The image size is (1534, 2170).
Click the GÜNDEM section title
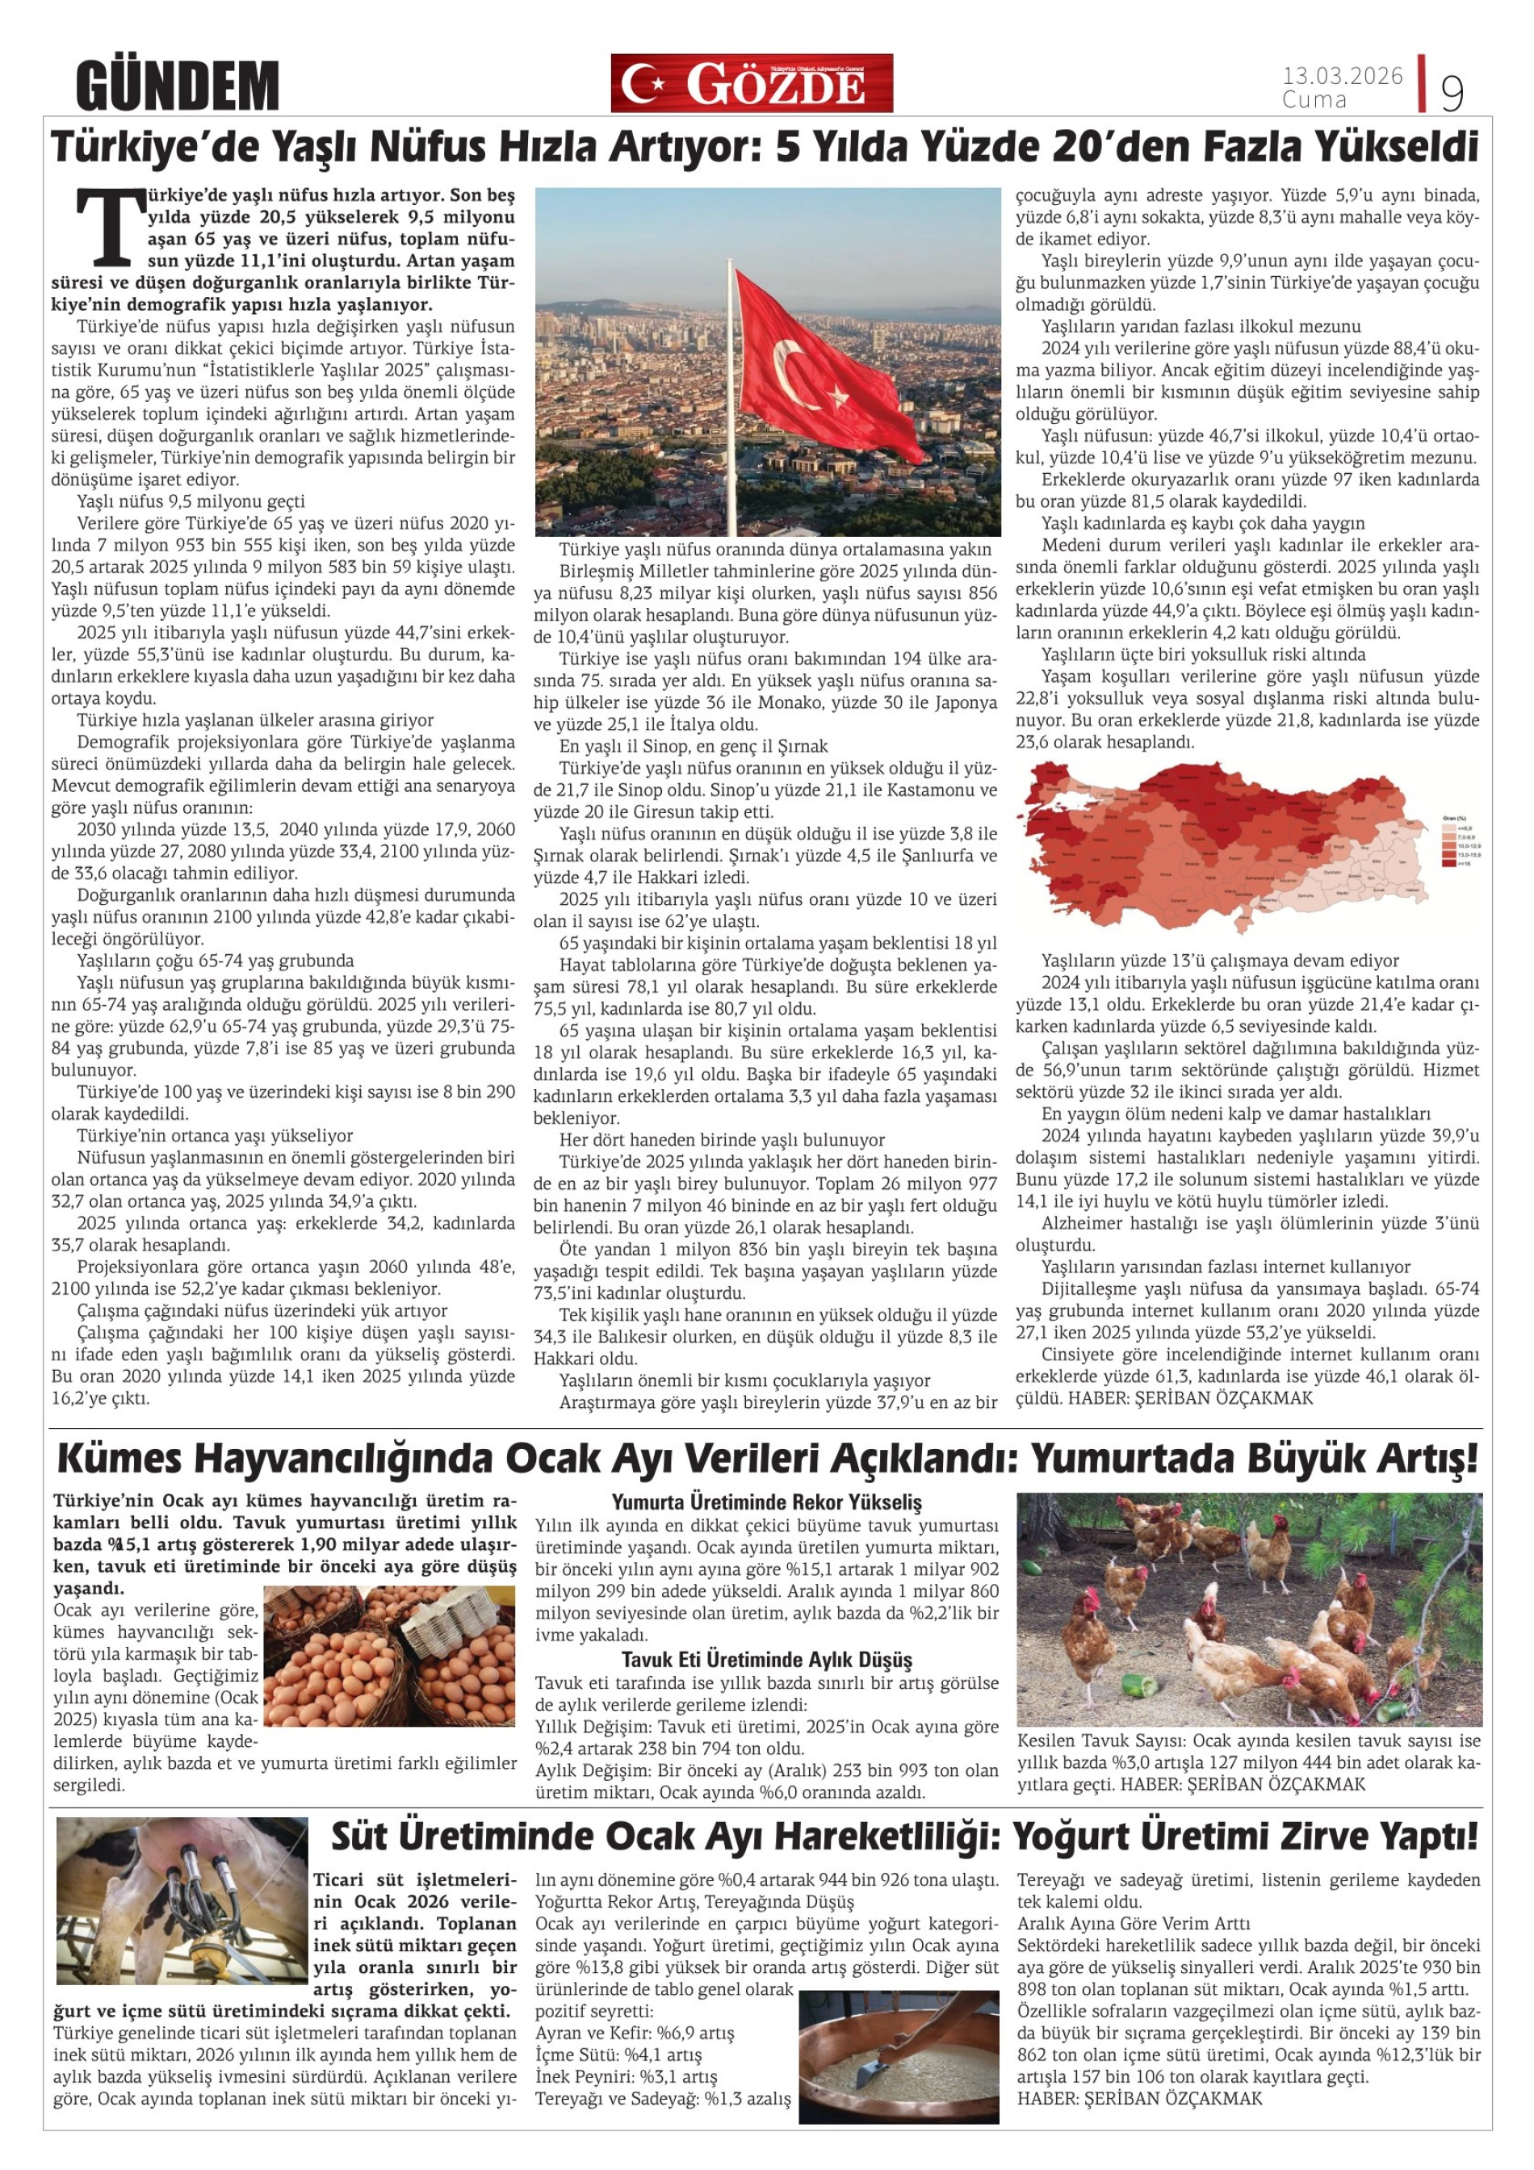[x=178, y=86]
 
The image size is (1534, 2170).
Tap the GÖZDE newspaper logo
[x=751, y=83]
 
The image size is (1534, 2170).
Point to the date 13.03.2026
[x=1341, y=76]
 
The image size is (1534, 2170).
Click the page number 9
[x=1451, y=93]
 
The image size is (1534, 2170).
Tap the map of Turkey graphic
[x=1219, y=846]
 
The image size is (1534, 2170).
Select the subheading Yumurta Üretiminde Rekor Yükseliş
[x=765, y=1502]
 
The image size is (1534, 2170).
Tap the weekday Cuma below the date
[x=1314, y=98]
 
